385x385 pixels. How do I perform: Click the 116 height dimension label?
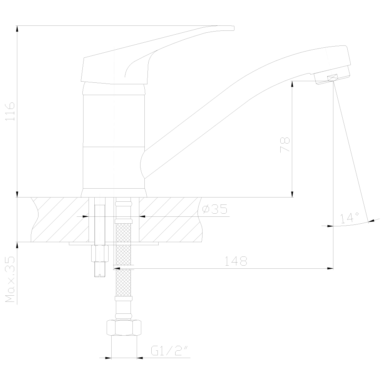coord(10,111)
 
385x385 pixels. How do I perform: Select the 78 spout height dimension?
coord(285,145)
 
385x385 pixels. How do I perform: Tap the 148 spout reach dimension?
coord(236,261)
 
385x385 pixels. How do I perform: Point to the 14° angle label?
coord(350,218)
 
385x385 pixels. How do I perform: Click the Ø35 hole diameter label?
coord(214,209)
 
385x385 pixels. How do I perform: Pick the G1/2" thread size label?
coord(170,350)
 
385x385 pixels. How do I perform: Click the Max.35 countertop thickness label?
coord(10,279)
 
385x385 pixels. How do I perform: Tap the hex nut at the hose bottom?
coord(124,328)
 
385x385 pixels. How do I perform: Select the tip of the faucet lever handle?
coord(233,28)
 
